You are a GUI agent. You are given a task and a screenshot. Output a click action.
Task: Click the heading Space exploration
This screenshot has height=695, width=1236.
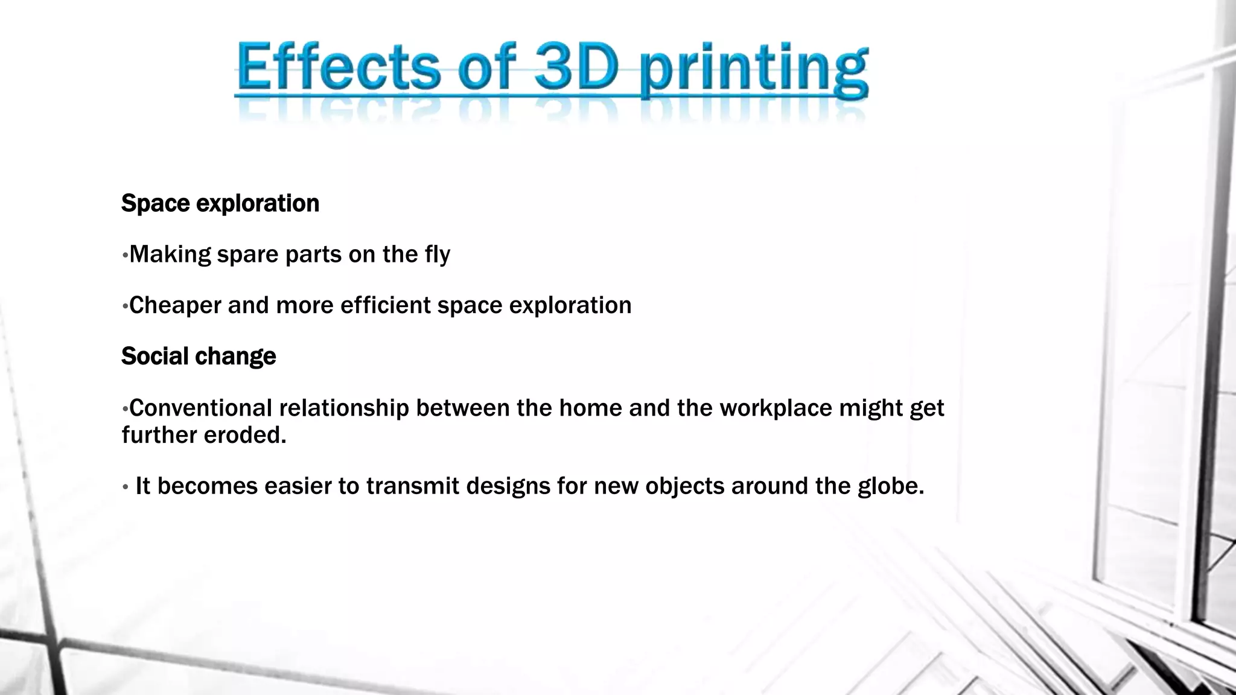pyautogui.click(x=220, y=203)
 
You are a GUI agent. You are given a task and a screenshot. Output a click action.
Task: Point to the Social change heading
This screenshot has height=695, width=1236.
pyautogui.click(x=199, y=356)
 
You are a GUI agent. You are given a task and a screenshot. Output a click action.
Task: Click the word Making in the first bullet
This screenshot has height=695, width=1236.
pyautogui.click(x=170, y=255)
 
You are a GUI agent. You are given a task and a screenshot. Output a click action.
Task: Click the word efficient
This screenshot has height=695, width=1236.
pyautogui.click(x=386, y=305)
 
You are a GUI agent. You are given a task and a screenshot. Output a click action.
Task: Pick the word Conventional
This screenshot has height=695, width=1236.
pyautogui.click(x=201, y=408)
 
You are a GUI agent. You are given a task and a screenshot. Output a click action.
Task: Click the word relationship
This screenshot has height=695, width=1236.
pyautogui.click(x=344, y=408)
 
